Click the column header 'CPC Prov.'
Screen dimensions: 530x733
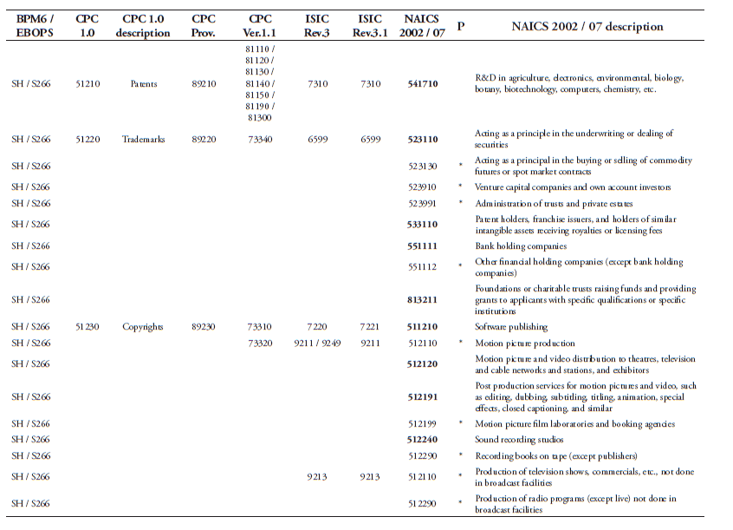pyautogui.click(x=204, y=25)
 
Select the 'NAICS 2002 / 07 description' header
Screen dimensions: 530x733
pyautogui.click(x=587, y=26)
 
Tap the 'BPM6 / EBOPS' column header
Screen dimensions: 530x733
pyautogui.click(x=35, y=25)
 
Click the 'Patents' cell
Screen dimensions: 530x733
pyautogui.click(x=143, y=84)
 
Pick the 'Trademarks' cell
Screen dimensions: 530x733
pyautogui.click(x=143, y=139)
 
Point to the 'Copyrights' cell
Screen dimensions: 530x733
pyautogui.click(x=143, y=327)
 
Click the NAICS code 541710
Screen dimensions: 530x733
pyautogui.click(x=421, y=84)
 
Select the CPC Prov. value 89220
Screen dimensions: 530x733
pyautogui.click(x=204, y=139)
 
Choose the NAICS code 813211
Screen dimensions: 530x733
pyautogui.click(x=421, y=299)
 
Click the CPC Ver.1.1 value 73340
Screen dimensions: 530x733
pyautogui.click(x=260, y=139)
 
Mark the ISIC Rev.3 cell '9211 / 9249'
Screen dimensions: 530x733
pyautogui.click(x=318, y=343)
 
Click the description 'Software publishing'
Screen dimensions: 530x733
pyautogui.click(x=511, y=327)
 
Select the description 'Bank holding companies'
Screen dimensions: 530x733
pyautogui.click(x=521, y=245)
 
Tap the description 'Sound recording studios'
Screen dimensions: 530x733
pyautogui.click(x=519, y=440)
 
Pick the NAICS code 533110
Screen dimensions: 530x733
pyautogui.click(x=421, y=224)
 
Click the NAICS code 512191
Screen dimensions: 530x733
pyautogui.click(x=421, y=396)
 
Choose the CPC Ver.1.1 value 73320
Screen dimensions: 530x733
pyautogui.click(x=260, y=343)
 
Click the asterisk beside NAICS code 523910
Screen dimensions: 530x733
pyautogui.click(x=461, y=187)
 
